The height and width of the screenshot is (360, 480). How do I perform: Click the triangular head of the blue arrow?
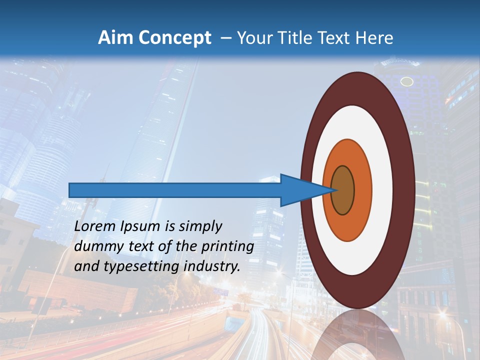pyautogui.click(x=300, y=190)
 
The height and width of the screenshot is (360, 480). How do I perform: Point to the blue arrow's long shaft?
pyautogui.click(x=175, y=190)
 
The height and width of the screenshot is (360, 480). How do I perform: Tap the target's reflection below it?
pyautogui.click(x=357, y=335)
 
